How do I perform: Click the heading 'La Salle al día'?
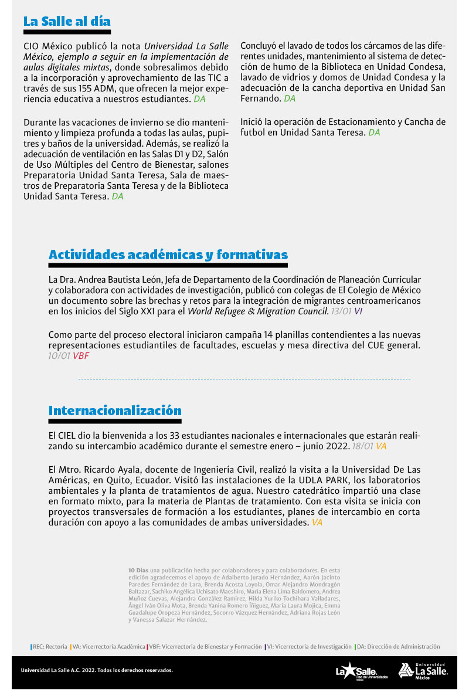coord(67,22)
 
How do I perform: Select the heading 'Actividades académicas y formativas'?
coord(168,255)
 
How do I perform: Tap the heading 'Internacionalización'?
coord(115,410)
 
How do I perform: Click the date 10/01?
coord(59,355)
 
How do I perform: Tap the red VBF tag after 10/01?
coord(81,355)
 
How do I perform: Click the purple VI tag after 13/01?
coord(358,311)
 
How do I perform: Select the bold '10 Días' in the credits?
coord(138,570)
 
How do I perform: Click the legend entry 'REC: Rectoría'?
coord(50,647)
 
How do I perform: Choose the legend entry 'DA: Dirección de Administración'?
coord(398,647)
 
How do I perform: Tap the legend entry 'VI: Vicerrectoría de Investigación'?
coord(310,647)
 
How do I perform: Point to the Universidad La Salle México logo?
coord(423,670)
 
